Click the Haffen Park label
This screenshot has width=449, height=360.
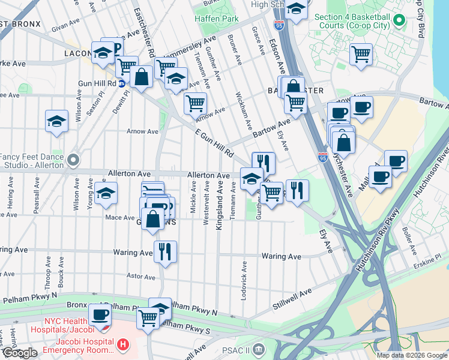click(x=216, y=19)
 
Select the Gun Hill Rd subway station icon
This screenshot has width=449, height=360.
click(x=122, y=83)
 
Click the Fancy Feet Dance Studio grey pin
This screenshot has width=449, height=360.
click(x=73, y=160)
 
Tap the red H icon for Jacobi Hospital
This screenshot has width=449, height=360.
click(x=122, y=344)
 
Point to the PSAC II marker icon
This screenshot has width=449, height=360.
click(x=258, y=349)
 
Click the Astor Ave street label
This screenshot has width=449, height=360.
click(x=141, y=277)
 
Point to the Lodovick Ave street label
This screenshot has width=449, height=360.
click(x=244, y=279)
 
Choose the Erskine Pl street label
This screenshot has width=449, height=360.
click(x=429, y=257)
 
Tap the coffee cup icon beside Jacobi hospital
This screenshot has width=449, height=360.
click(x=100, y=315)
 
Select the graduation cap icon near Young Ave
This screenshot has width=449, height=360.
click(x=106, y=193)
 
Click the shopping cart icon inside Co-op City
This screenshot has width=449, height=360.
click(x=361, y=54)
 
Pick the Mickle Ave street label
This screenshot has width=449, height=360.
click(x=193, y=198)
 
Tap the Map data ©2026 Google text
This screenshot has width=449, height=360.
click(x=412, y=355)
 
